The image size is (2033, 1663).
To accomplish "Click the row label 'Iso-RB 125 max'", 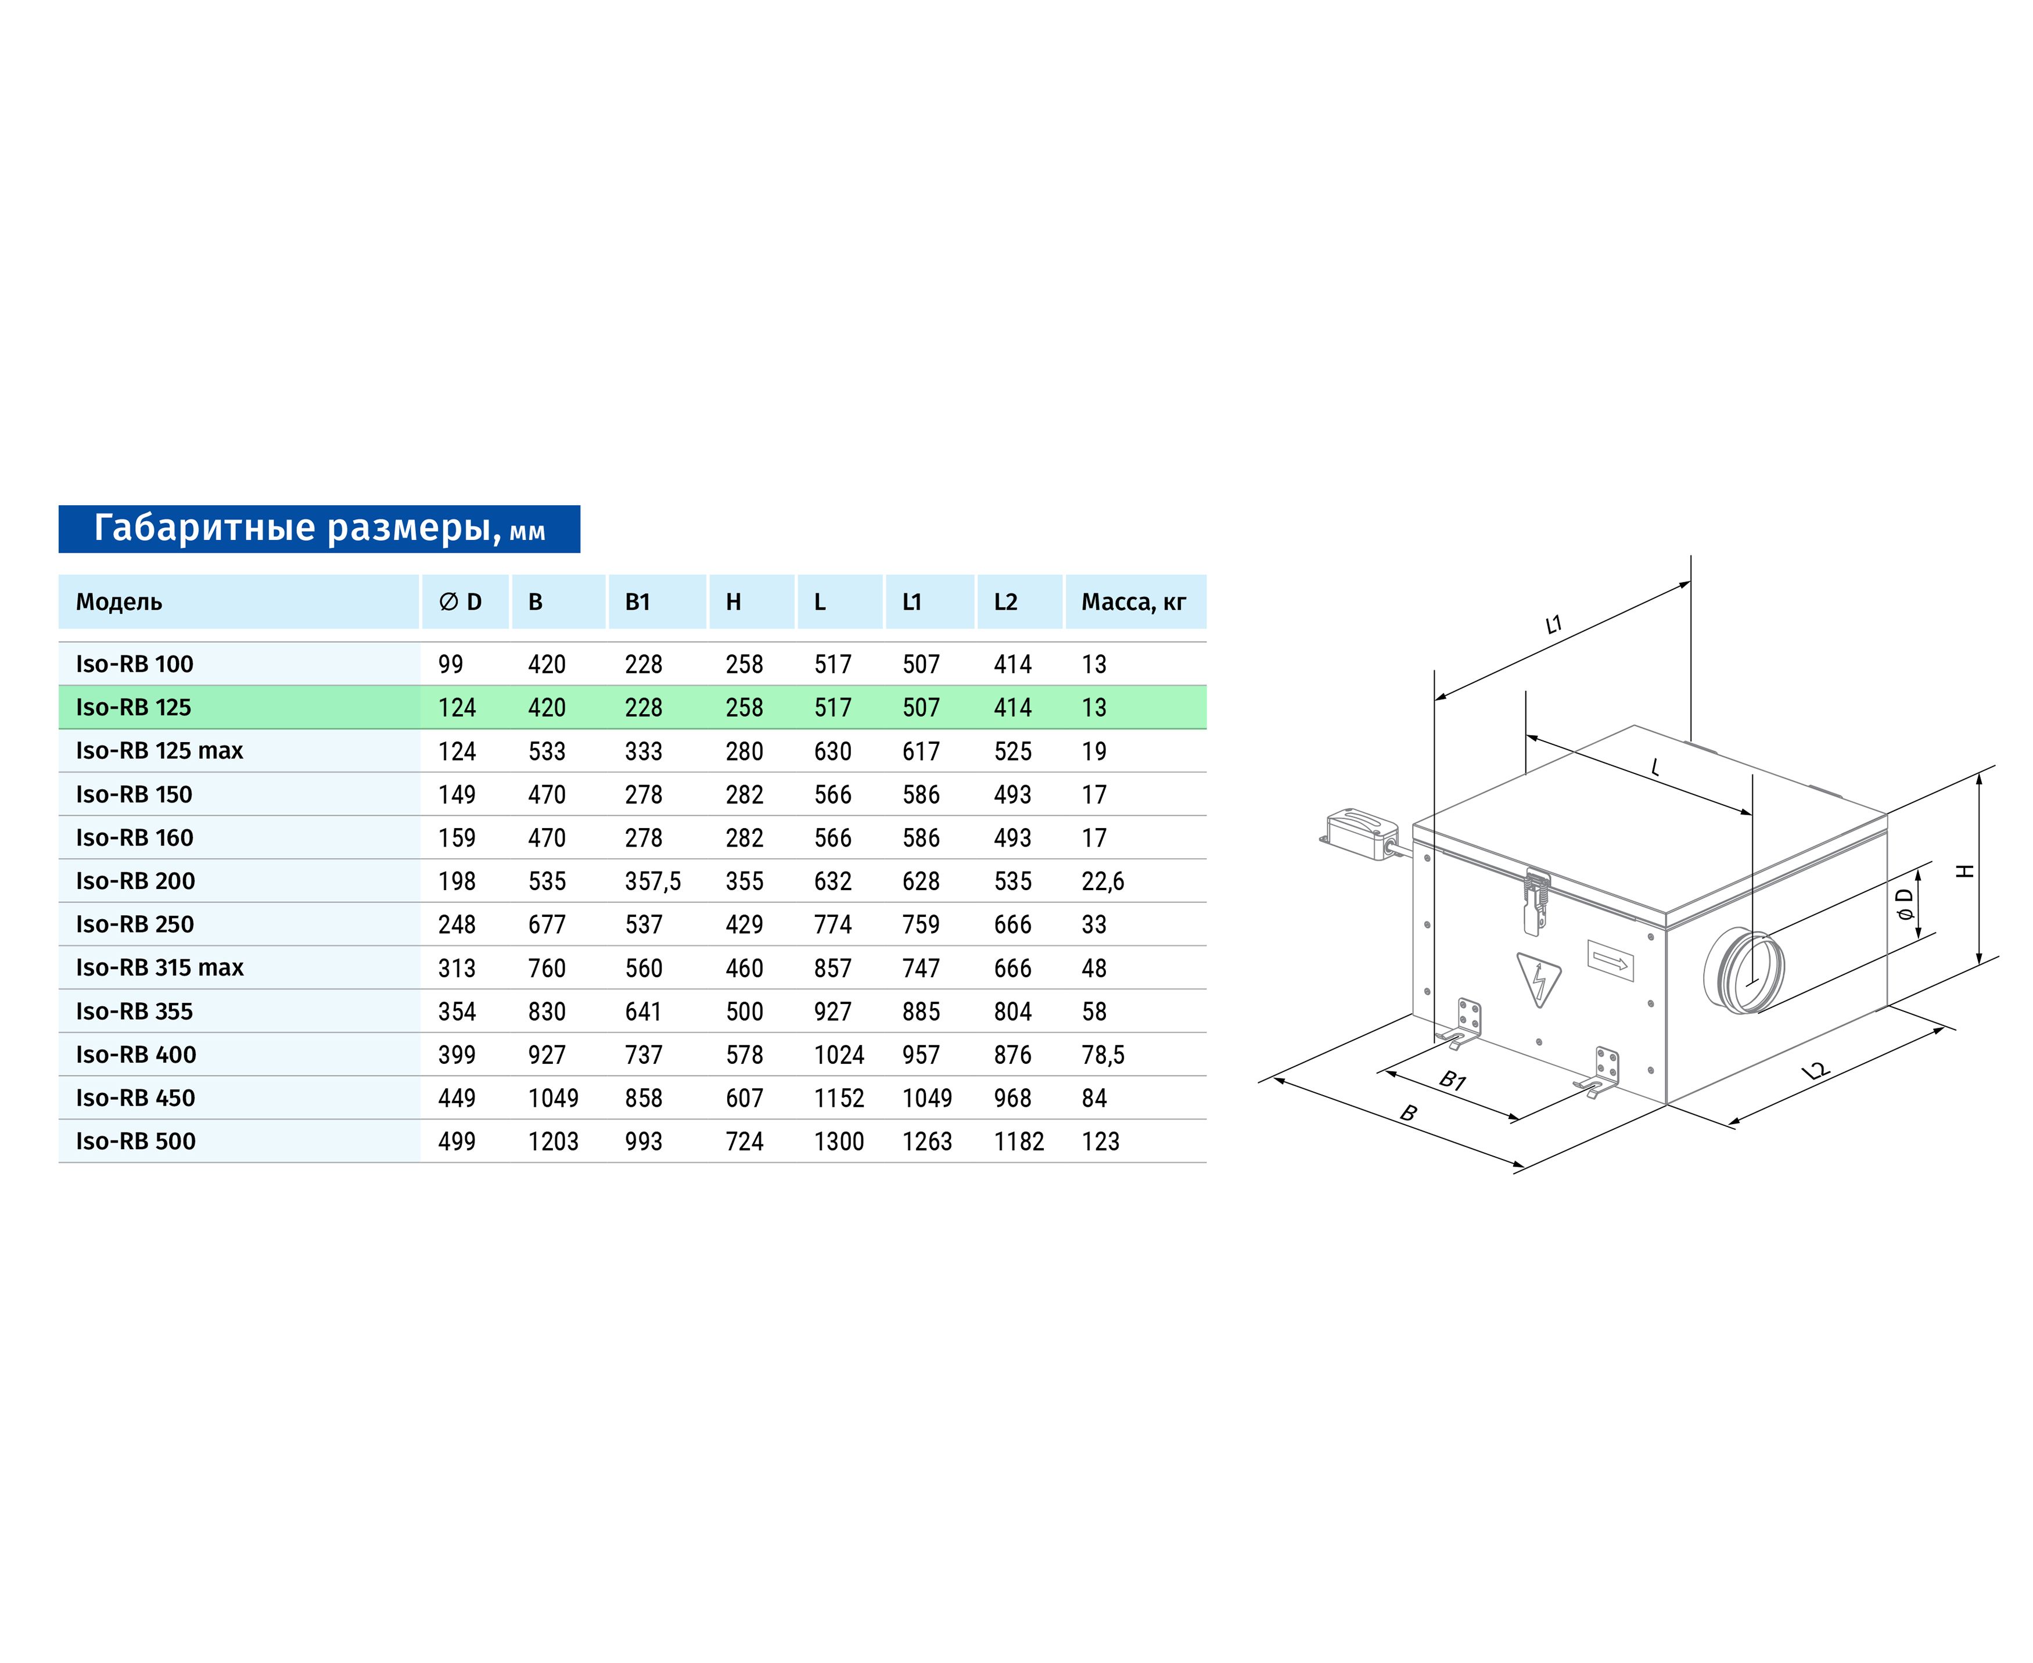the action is click(x=159, y=750).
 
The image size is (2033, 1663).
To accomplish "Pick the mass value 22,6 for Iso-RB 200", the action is click(x=1102, y=881).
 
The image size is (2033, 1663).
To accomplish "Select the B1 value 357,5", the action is click(x=652, y=881).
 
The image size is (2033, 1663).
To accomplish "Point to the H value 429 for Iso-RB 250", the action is click(x=745, y=924).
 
